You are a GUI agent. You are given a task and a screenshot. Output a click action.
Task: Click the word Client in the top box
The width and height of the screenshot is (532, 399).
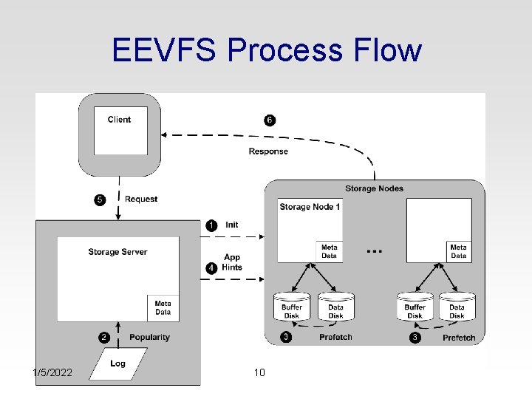119,120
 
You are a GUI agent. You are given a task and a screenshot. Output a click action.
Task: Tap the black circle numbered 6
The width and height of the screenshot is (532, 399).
270,120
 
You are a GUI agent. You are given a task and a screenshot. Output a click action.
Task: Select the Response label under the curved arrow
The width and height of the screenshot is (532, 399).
268,151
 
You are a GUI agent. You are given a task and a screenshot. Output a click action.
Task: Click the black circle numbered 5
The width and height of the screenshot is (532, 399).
100,199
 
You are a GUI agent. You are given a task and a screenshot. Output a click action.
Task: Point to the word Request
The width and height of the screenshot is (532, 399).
141,199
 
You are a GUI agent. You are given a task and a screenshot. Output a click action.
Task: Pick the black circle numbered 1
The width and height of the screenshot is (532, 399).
211,225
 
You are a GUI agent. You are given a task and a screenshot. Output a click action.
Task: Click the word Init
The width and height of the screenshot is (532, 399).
232,225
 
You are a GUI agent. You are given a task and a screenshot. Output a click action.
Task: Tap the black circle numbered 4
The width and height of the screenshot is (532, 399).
211,268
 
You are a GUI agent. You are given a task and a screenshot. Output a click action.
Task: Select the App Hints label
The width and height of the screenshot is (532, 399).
232,262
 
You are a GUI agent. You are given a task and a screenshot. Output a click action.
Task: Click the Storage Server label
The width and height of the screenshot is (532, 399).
117,252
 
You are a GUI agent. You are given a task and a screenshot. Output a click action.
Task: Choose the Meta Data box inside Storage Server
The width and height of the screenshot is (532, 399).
163,308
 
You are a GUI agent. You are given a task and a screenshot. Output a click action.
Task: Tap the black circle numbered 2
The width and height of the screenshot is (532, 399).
104,338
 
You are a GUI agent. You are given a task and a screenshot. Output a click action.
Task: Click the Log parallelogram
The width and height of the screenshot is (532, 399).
118,364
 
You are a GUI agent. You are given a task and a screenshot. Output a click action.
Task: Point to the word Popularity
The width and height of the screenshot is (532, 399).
149,337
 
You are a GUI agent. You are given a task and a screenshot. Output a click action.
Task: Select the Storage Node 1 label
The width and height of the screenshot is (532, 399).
310,207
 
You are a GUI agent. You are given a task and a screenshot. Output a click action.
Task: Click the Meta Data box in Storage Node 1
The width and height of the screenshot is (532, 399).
329,251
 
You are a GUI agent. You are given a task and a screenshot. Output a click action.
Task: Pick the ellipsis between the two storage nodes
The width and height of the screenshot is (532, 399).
375,251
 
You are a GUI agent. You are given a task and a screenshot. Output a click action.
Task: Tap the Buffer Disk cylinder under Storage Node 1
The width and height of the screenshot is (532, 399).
292,307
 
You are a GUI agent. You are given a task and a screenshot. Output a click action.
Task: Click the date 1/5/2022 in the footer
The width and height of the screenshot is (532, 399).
52,372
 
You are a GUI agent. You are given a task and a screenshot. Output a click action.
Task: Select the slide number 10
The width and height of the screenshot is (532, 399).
259,372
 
